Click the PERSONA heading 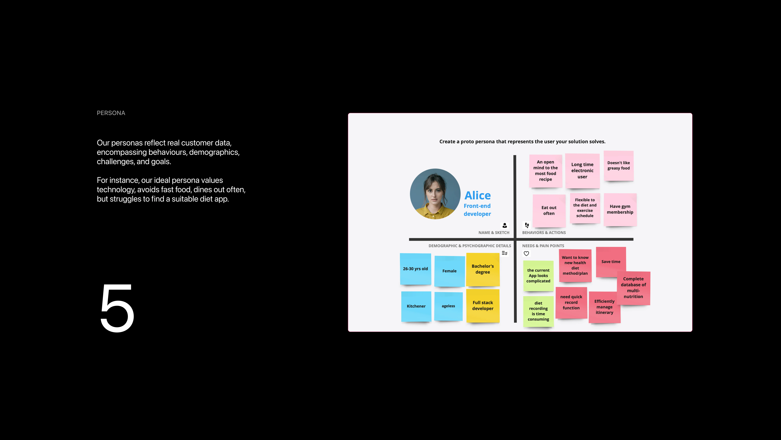point(111,113)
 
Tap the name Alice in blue point(478,195)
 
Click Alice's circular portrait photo point(435,194)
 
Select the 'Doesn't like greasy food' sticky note point(619,166)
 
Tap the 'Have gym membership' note point(620,210)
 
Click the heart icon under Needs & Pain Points point(526,254)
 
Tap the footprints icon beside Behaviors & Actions point(527,225)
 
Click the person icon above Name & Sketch point(504,225)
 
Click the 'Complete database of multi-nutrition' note point(633,288)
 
